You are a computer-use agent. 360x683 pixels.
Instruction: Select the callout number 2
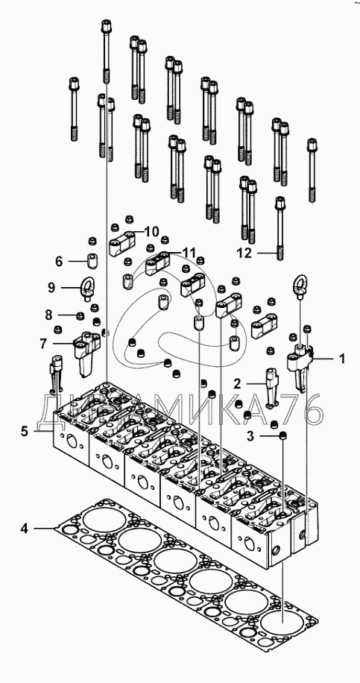(x=237, y=384)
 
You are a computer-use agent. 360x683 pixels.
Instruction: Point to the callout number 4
(x=25, y=529)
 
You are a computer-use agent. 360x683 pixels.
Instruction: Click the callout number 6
(x=59, y=262)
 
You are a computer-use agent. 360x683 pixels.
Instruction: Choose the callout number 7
(x=43, y=344)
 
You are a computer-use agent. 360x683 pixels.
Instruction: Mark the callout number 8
(x=48, y=315)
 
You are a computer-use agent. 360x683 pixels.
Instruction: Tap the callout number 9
(x=52, y=288)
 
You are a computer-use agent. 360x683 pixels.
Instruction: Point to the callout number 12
(x=244, y=253)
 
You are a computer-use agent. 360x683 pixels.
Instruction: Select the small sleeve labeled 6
(x=92, y=261)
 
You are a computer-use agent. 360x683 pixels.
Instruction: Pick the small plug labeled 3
(x=283, y=435)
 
